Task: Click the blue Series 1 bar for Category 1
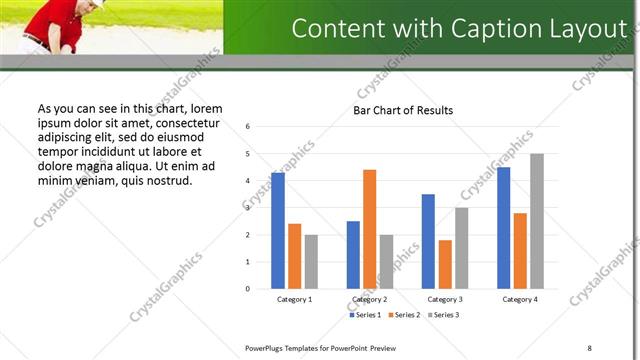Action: (278, 231)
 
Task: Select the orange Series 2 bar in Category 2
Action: (370, 229)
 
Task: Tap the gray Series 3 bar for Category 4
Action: (537, 221)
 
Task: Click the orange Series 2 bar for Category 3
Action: (445, 264)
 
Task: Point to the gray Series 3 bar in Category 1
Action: (311, 261)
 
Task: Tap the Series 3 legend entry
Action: (444, 315)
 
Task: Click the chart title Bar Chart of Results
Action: (403, 110)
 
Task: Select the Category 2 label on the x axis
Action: (370, 299)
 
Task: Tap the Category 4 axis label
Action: (519, 299)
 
